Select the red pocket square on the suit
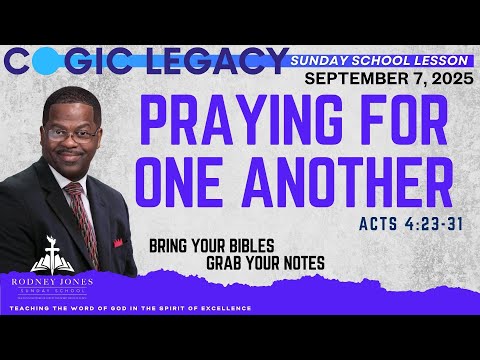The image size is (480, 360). (x=118, y=243)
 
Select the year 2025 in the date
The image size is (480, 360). (x=451, y=79)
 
